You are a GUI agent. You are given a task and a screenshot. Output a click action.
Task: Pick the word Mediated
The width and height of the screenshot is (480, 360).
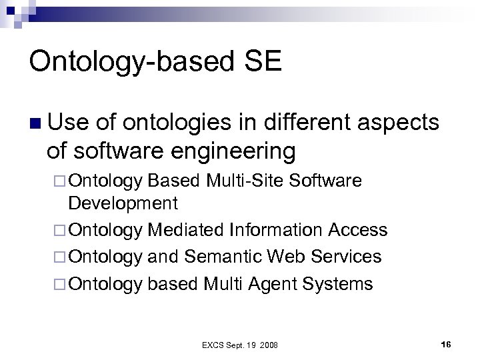pos(187,230)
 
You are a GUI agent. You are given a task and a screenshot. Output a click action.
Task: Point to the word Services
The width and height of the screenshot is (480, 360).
pos(346,257)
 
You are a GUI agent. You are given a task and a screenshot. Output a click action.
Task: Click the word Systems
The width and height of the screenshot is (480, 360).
pos(337,285)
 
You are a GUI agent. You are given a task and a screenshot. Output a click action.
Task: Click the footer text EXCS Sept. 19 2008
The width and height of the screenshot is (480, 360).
pos(240,344)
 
